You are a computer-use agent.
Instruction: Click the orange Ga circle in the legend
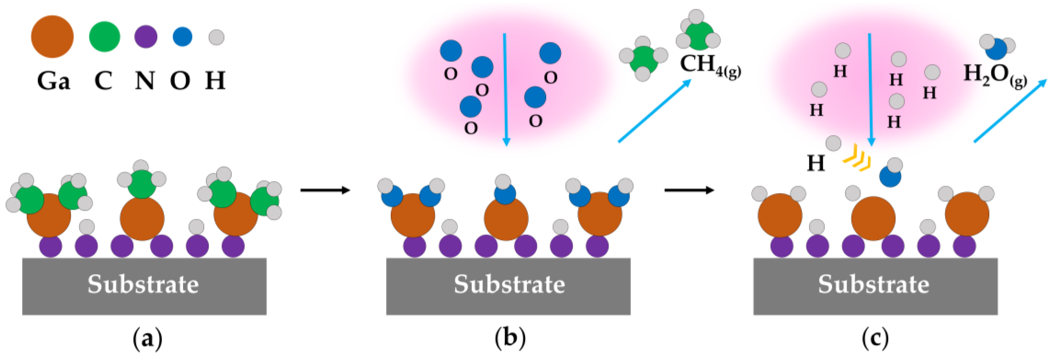pyautogui.click(x=52, y=37)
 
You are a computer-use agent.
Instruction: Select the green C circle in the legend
pyautogui.click(x=104, y=37)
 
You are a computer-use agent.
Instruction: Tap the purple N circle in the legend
pyautogui.click(x=146, y=37)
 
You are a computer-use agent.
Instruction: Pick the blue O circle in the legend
pyautogui.click(x=182, y=37)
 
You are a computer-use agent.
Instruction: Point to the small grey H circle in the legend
pyautogui.click(x=216, y=37)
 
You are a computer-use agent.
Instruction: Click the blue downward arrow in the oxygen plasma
pyautogui.click(x=505, y=89)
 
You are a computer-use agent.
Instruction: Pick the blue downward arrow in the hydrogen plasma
pyautogui.click(x=870, y=89)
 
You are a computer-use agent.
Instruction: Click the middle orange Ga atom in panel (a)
pyautogui.click(x=142, y=218)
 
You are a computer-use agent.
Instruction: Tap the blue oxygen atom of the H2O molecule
pyautogui.click(x=996, y=49)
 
